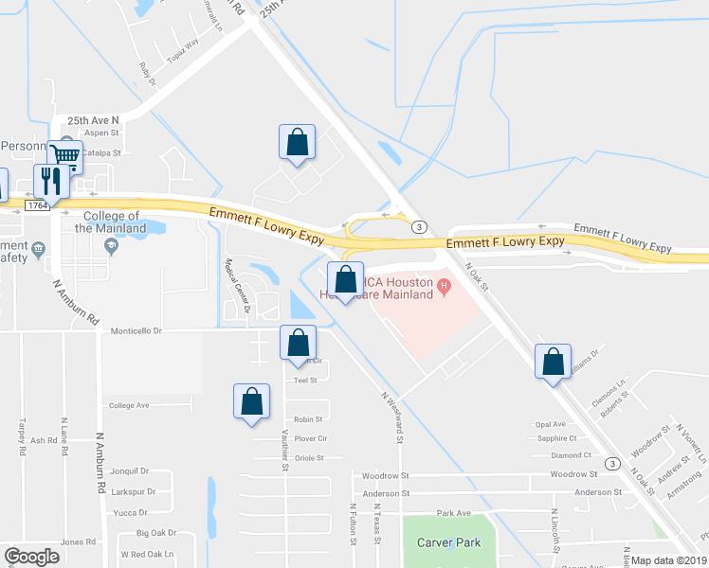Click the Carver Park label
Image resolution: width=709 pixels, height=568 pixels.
(449, 542)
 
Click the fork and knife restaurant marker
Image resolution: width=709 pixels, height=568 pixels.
(48, 180)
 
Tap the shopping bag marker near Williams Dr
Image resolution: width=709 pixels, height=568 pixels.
(553, 362)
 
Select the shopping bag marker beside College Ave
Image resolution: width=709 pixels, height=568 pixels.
(251, 401)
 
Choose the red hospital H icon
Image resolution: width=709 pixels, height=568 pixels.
(443, 283)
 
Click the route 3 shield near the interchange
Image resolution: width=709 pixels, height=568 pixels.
(418, 226)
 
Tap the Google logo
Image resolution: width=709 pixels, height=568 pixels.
(31, 557)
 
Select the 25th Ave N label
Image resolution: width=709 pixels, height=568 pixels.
(93, 121)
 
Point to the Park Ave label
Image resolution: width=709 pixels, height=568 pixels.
(454, 513)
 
